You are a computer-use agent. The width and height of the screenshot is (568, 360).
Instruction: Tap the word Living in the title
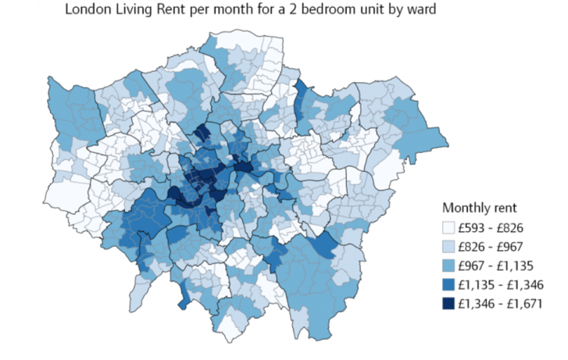pyautogui.click(x=130, y=11)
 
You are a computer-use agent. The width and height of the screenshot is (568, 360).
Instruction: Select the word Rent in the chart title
pyautogui.click(x=173, y=11)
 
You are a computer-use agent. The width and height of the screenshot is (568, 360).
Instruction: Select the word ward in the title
pyautogui.click(x=434, y=11)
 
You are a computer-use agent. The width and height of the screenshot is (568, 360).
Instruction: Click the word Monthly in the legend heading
pyautogui.click(x=469, y=209)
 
